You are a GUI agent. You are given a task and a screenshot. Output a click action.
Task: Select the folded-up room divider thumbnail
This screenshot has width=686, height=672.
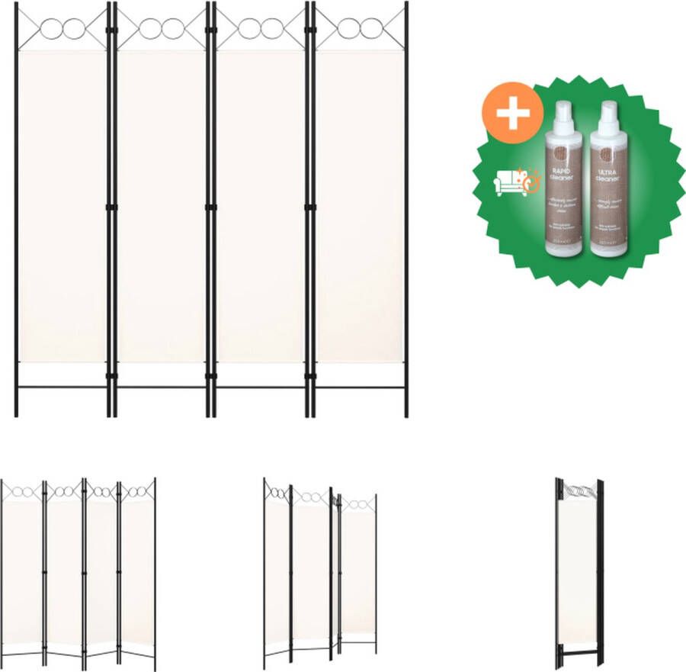click(579, 572)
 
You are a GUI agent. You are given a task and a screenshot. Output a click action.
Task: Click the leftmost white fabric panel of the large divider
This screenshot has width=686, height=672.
click(63, 206)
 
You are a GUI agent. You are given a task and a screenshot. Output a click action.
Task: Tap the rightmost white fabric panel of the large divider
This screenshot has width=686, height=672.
click(359, 206)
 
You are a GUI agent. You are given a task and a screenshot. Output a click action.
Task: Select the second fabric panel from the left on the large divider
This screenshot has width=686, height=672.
click(161, 206)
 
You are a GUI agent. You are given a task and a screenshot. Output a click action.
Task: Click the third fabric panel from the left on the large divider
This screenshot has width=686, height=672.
click(260, 206)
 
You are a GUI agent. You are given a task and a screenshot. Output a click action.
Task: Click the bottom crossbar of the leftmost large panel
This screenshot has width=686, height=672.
click(63, 387)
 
